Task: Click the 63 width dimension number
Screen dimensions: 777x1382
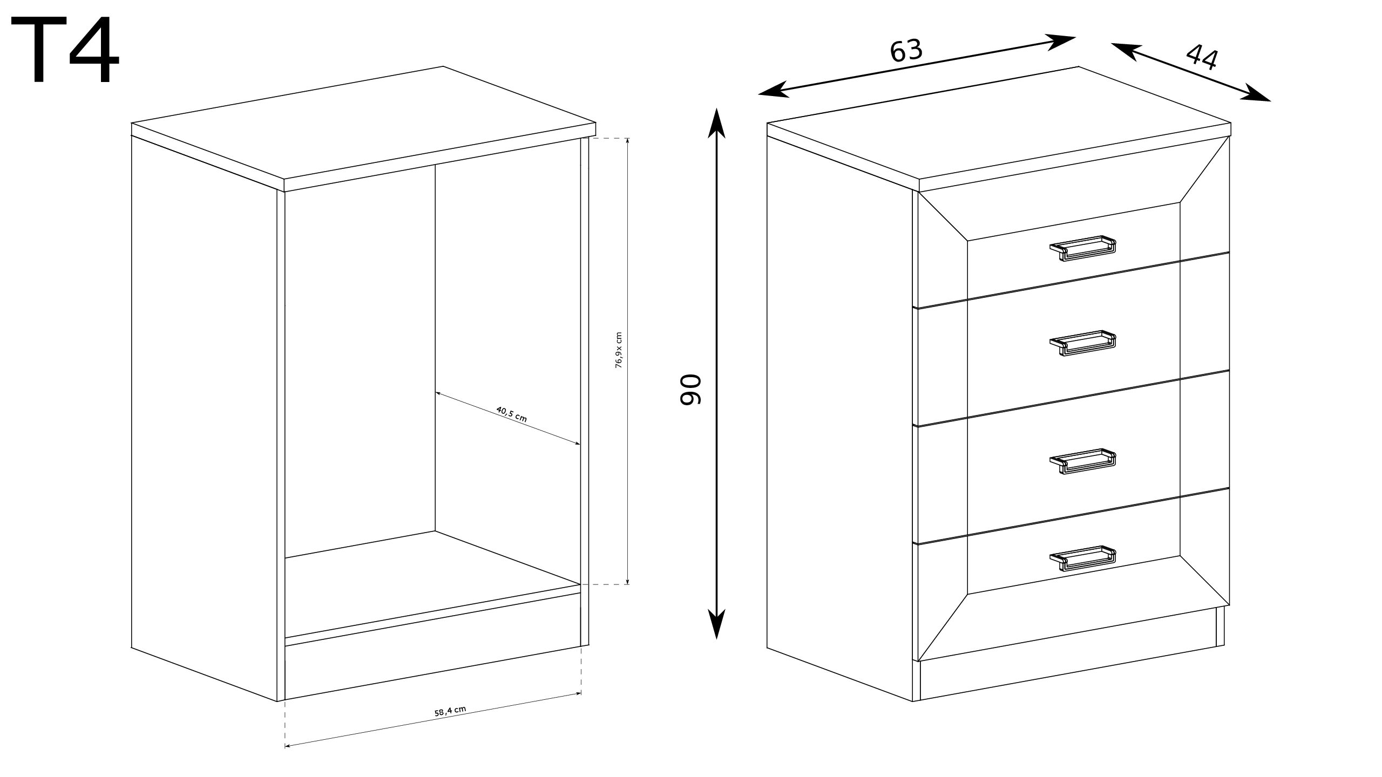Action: (x=906, y=51)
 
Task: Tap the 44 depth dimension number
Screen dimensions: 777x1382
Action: (x=1202, y=57)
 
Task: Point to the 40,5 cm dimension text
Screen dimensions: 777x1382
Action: (x=511, y=414)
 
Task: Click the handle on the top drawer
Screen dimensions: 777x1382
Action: (x=1082, y=248)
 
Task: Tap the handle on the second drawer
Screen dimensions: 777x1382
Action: (x=1082, y=343)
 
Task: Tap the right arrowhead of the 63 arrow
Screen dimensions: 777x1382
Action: (x=1061, y=41)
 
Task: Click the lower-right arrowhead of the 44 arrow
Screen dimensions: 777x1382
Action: (x=1256, y=94)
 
